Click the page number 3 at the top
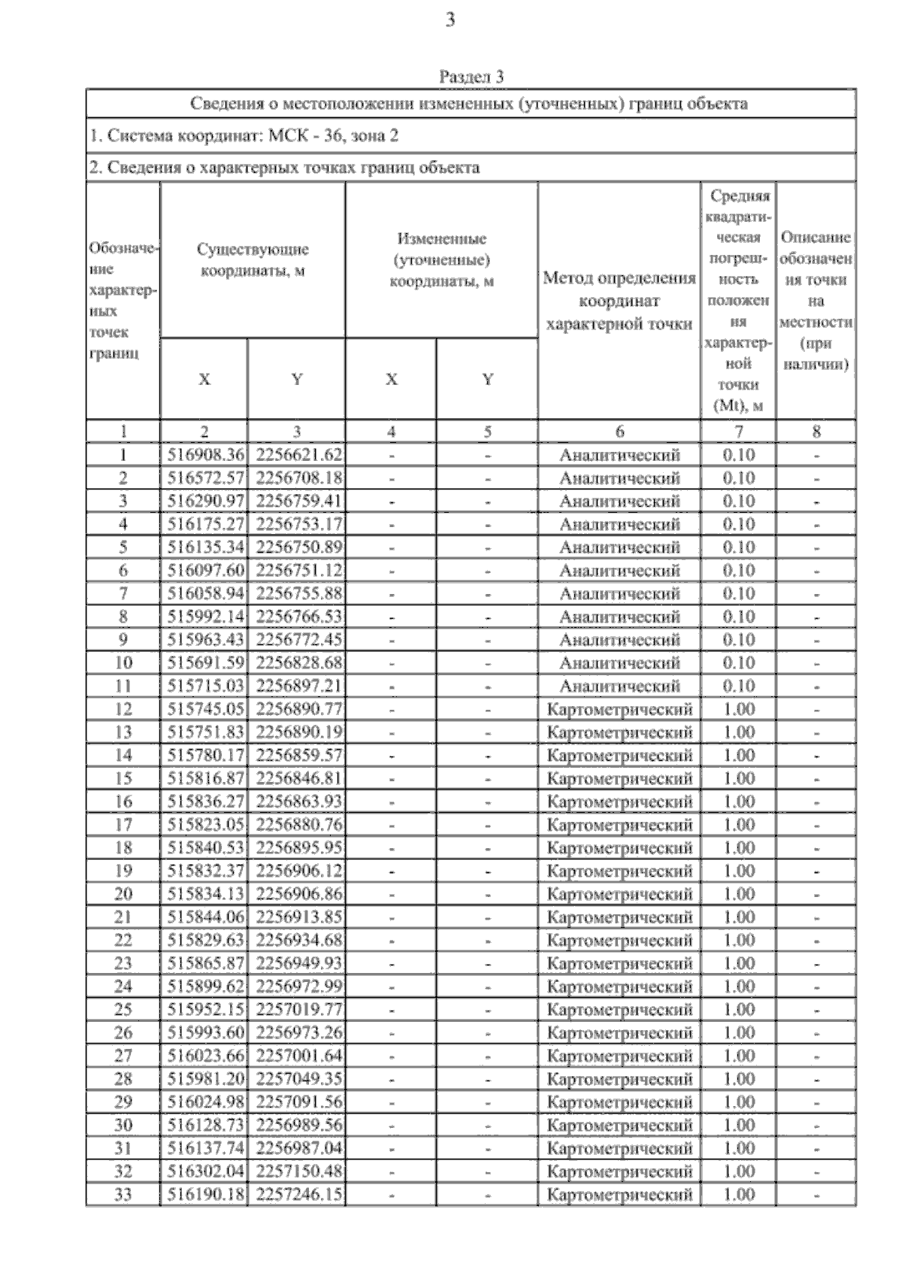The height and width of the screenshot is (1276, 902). pyautogui.click(x=450, y=20)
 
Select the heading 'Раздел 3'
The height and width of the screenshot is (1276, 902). pyautogui.click(x=471, y=77)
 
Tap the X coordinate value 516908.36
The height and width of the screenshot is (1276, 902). pyautogui.click(x=204, y=455)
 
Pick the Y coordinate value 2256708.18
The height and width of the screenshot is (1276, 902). pyautogui.click(x=298, y=478)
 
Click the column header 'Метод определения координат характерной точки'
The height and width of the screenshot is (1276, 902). pyautogui.click(x=619, y=301)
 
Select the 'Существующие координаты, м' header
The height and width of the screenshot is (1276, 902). pyautogui.click(x=253, y=259)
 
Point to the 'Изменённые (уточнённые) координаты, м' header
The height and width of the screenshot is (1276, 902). pyautogui.click(x=441, y=259)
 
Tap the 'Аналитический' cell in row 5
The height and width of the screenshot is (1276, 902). pyautogui.click(x=619, y=547)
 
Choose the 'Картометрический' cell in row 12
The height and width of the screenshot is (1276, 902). pyautogui.click(x=619, y=709)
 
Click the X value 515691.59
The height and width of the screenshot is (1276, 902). pyautogui.click(x=204, y=662)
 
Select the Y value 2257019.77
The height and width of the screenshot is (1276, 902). pyautogui.click(x=298, y=1009)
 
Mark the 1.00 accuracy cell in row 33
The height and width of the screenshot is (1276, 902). pyautogui.click(x=738, y=1194)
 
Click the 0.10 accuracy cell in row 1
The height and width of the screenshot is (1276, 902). pyautogui.click(x=738, y=455)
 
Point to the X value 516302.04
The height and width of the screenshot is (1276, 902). pyautogui.click(x=204, y=1171)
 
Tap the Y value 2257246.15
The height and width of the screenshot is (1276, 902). pyautogui.click(x=298, y=1194)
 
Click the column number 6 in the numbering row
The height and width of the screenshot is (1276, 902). pyautogui.click(x=619, y=432)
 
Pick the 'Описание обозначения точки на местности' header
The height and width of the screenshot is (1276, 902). pyautogui.click(x=816, y=301)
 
